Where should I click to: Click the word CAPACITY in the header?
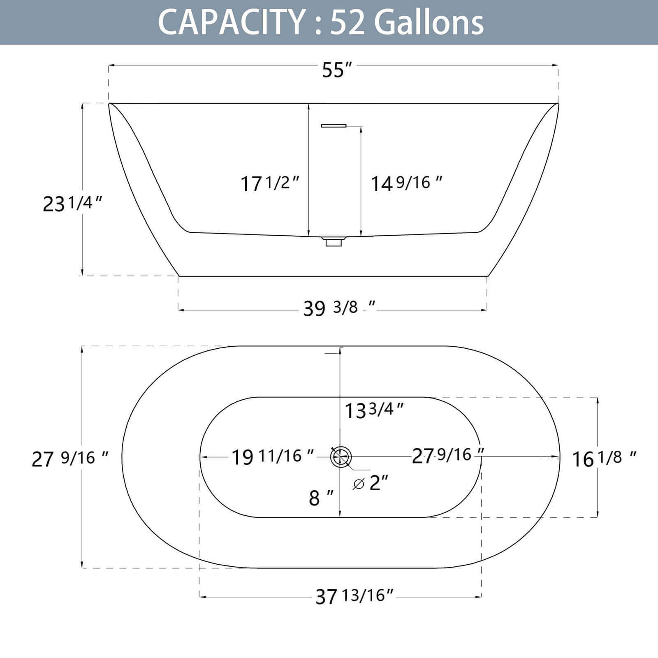[x=230, y=23]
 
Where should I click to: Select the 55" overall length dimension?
[x=337, y=70]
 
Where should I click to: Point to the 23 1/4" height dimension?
[x=72, y=203]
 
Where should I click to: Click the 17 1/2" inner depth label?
[x=269, y=183]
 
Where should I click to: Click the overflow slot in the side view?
[x=334, y=125]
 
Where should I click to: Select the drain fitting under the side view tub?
[x=334, y=241]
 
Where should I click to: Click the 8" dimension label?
[x=321, y=498]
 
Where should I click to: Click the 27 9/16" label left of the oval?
[x=70, y=458]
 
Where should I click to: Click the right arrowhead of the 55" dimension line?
[x=556, y=65]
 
